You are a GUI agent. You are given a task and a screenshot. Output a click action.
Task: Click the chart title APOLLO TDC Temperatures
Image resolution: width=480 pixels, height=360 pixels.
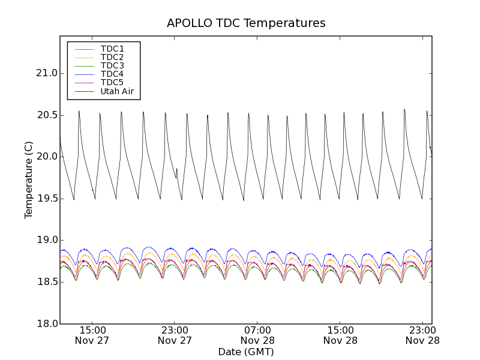click(246, 23)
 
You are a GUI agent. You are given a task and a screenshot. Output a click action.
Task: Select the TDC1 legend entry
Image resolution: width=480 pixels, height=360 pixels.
click(112, 49)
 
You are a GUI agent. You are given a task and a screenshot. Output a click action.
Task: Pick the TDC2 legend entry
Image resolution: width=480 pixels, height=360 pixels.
click(112, 57)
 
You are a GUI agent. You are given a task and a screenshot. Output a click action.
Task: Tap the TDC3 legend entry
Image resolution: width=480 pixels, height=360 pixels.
click(112, 65)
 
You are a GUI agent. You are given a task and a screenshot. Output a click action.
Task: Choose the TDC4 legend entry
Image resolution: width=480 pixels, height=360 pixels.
click(112, 74)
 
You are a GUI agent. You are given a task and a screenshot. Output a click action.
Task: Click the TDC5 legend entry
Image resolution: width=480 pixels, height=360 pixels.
click(112, 83)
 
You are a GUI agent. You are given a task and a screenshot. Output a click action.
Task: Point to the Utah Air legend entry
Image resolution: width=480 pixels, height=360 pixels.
click(116, 92)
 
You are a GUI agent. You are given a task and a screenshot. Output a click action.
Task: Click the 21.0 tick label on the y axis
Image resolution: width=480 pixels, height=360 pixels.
click(46, 73)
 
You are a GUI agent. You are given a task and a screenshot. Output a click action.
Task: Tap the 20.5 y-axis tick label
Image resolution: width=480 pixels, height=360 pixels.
click(46, 115)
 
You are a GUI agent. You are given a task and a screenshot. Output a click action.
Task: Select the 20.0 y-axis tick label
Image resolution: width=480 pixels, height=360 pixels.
click(46, 157)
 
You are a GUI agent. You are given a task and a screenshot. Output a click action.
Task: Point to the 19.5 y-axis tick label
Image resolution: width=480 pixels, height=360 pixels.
click(46, 199)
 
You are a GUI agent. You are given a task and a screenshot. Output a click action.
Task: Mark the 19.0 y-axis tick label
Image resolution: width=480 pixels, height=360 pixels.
click(46, 240)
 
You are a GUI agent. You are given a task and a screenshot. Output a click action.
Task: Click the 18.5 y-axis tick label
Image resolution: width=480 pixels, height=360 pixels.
click(46, 282)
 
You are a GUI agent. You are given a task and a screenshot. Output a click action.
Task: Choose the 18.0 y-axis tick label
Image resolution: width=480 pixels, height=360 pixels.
click(46, 324)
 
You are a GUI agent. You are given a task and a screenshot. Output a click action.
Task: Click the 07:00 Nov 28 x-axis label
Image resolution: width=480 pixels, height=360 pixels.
click(258, 335)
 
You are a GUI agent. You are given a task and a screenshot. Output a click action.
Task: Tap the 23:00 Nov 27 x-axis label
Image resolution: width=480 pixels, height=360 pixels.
click(175, 335)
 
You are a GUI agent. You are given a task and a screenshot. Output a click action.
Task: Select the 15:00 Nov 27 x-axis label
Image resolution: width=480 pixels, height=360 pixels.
click(92, 335)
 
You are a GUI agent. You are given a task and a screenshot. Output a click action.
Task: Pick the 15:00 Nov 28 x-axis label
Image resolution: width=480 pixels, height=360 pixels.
click(340, 335)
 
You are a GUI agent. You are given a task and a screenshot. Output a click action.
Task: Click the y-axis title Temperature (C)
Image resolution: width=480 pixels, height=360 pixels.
click(29, 180)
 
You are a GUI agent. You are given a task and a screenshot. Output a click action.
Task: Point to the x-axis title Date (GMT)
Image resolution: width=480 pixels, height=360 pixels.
click(246, 352)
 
